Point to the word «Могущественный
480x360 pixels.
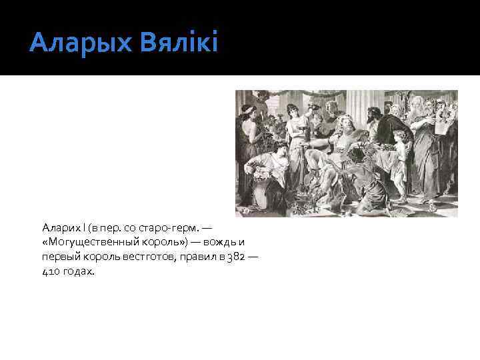point(86,243)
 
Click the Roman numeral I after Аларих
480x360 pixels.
point(81,229)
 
